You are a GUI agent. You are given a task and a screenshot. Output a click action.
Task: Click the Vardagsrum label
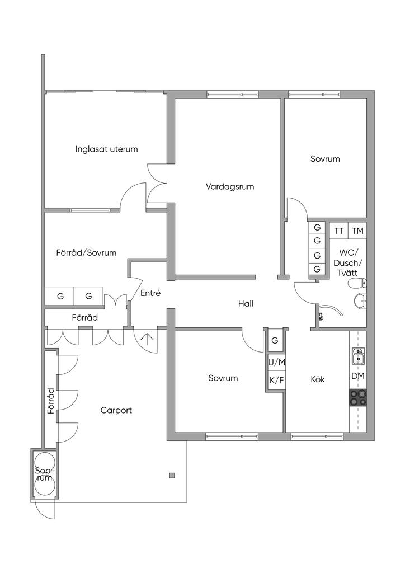(x=230, y=187)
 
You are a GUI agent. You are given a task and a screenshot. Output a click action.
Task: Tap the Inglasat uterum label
(x=107, y=149)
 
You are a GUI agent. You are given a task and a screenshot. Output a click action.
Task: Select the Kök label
(x=318, y=379)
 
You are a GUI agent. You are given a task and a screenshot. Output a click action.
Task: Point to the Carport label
(x=116, y=410)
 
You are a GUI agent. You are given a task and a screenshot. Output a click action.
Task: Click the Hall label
(x=246, y=303)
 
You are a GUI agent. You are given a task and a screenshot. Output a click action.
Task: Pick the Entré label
(x=150, y=293)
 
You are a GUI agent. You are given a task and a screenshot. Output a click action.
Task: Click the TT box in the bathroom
(x=339, y=231)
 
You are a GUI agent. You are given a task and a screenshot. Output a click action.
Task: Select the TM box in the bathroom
(x=358, y=231)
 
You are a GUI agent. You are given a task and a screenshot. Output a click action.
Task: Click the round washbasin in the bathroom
(x=360, y=300)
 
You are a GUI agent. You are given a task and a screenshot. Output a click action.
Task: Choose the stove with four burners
(x=358, y=398)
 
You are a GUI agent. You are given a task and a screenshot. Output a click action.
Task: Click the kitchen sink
(x=358, y=356)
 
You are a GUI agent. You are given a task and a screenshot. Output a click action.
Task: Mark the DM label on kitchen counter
(x=358, y=376)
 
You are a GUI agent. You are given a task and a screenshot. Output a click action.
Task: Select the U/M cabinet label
(x=276, y=363)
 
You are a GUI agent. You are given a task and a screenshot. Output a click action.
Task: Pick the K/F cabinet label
(x=276, y=380)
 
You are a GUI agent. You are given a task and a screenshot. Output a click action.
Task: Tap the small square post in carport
(x=172, y=476)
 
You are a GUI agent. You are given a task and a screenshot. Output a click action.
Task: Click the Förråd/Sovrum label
(x=86, y=252)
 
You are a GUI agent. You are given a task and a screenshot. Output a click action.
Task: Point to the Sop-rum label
(x=44, y=475)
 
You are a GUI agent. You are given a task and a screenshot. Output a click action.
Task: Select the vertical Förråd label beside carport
(x=51, y=401)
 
